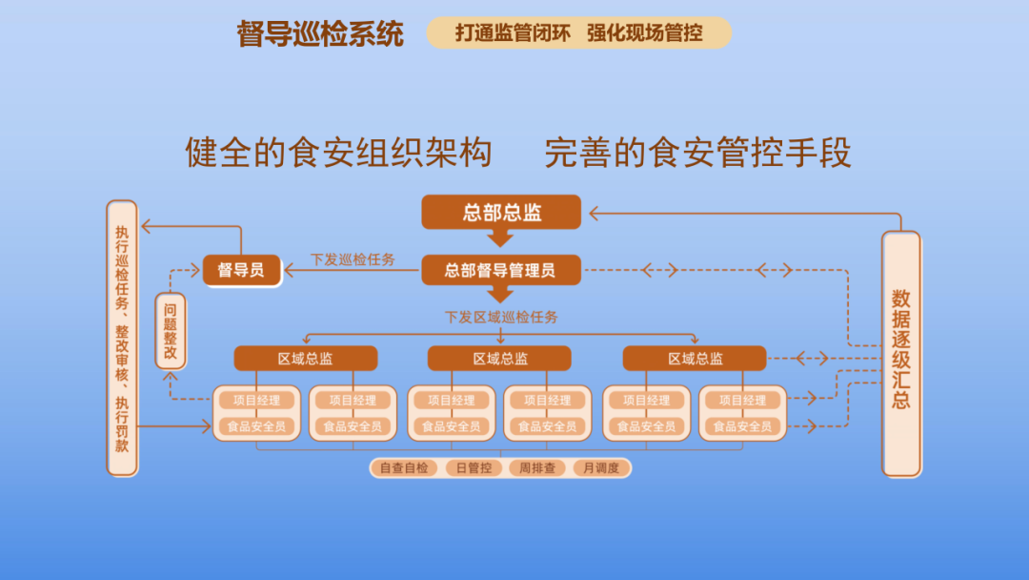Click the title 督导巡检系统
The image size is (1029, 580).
320,34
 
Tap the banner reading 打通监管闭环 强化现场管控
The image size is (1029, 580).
578,33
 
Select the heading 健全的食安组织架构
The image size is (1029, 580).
338,153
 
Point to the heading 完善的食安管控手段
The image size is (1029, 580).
697,153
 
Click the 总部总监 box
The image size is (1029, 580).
501,212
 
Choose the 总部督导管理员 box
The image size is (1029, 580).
501,270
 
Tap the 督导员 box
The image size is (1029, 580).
242,270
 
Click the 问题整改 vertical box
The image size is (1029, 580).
171,331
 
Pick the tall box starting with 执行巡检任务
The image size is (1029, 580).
123,338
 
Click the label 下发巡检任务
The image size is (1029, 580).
353,259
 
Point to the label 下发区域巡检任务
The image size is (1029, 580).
501,317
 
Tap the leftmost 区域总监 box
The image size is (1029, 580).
306,359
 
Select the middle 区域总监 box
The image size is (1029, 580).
500,359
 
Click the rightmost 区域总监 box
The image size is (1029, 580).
695,359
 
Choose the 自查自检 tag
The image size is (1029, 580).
404,468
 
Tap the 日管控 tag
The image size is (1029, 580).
474,468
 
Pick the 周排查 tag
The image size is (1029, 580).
537,468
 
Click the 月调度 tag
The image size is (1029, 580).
601,468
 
